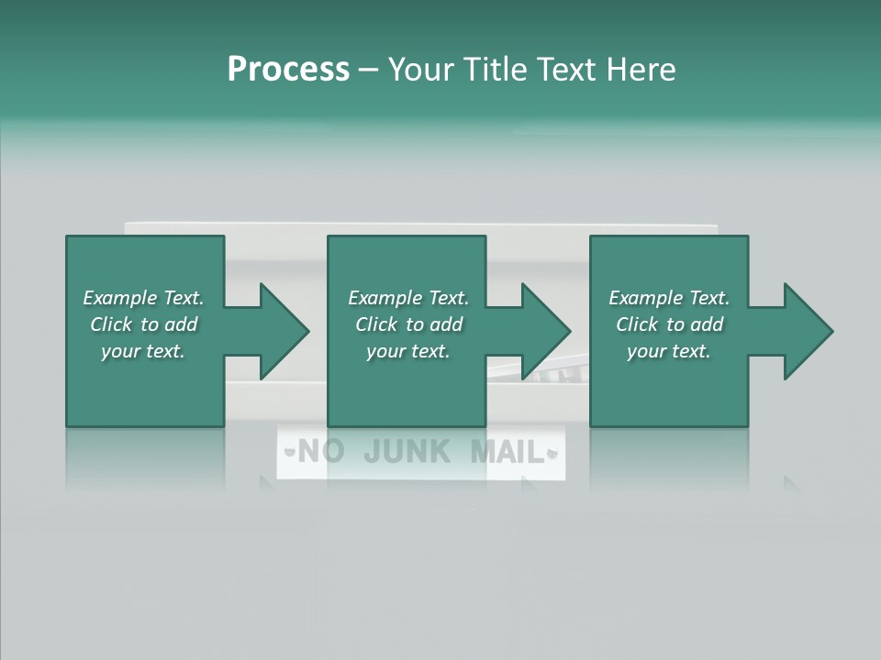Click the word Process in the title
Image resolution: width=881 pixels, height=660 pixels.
coord(288,70)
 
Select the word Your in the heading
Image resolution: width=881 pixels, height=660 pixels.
coord(421,70)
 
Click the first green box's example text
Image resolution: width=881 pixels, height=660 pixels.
coord(143,324)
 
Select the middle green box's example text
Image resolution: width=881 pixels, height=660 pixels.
coord(408,324)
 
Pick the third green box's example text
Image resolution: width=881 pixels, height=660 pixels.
coord(669,324)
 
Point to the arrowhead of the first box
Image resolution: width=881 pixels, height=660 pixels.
coord(284,331)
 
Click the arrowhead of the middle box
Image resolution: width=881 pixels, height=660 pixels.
coord(547,331)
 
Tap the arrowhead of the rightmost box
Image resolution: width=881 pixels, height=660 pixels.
coord(809,331)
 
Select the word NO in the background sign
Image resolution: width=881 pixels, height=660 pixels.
coord(320,451)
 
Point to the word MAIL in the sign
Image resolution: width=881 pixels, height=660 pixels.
coord(507,451)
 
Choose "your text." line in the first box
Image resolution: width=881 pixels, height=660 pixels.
coord(143,351)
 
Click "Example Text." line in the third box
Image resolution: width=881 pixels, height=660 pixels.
coord(669,298)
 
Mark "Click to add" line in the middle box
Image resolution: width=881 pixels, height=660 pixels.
coord(408,324)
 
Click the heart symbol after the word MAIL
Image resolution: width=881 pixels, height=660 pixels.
coord(552,452)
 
